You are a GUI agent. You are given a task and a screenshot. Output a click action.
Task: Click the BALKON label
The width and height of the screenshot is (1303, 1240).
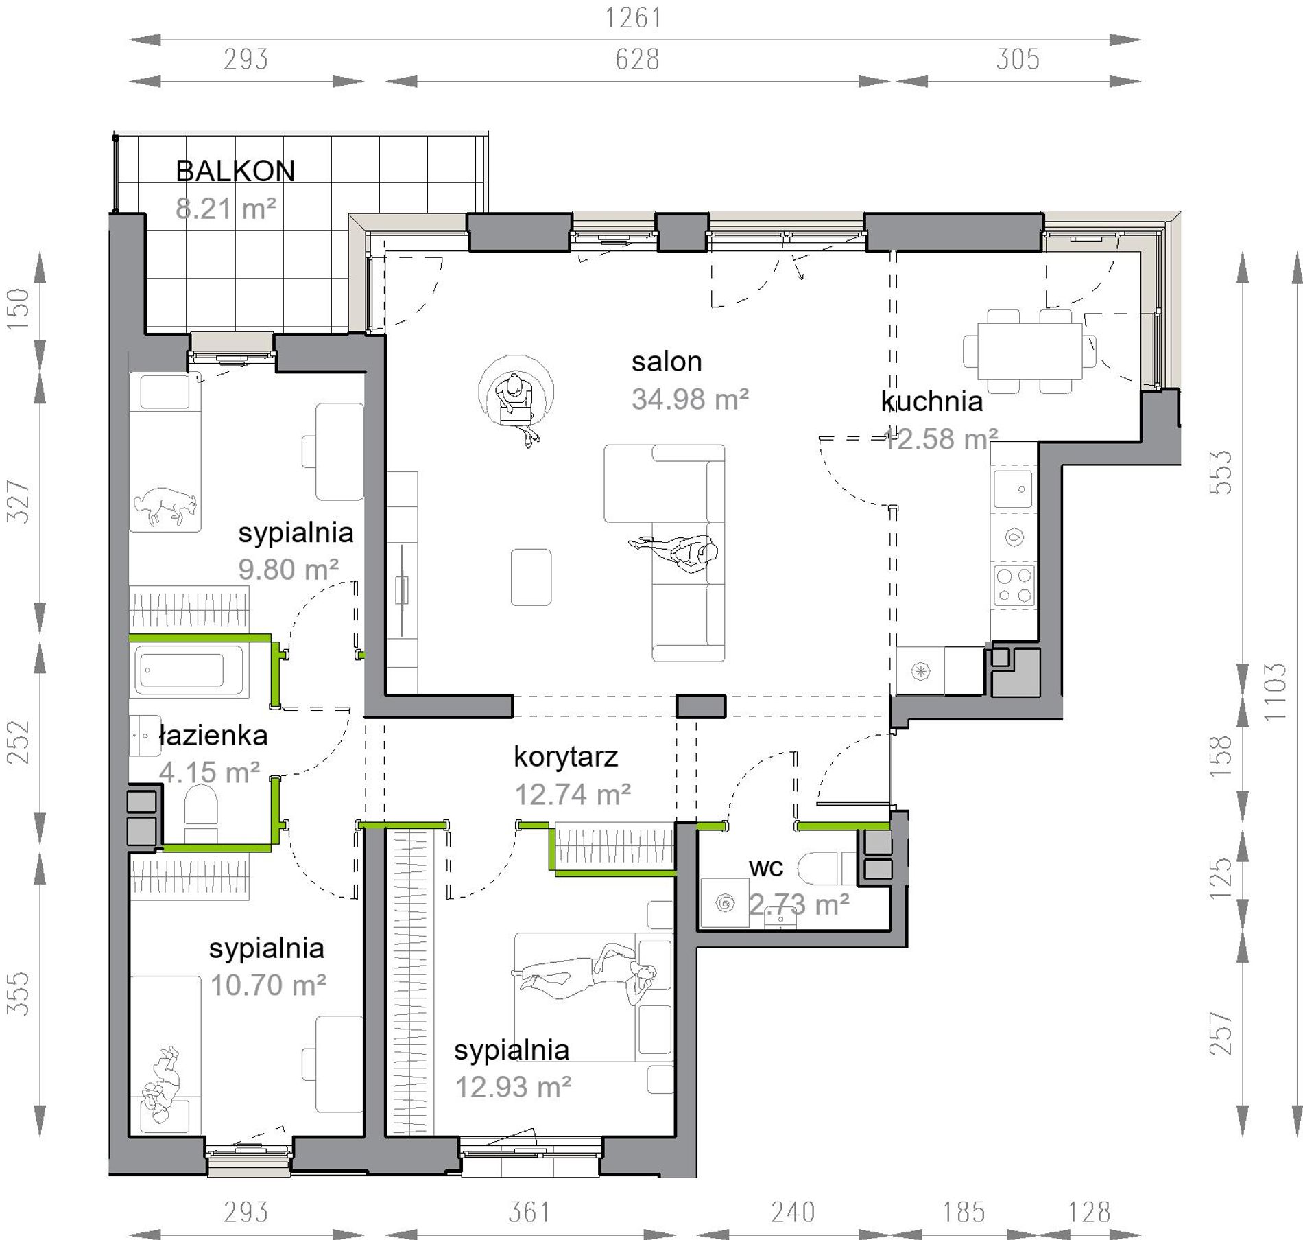(x=235, y=171)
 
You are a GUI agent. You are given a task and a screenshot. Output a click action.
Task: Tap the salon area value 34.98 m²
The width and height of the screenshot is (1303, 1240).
(x=690, y=399)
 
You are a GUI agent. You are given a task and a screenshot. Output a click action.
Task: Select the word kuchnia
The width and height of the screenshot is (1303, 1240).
(x=931, y=401)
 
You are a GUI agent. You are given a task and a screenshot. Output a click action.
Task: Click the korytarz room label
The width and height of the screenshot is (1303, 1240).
(x=566, y=757)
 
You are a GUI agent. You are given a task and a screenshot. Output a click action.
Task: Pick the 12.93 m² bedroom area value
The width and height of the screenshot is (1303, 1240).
(x=513, y=1087)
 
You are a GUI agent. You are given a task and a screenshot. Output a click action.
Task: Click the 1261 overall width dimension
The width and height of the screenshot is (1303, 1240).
(x=634, y=19)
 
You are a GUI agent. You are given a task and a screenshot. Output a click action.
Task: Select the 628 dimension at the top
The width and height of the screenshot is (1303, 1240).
(x=637, y=60)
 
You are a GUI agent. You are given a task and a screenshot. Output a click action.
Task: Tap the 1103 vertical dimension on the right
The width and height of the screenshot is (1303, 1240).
(x=1274, y=691)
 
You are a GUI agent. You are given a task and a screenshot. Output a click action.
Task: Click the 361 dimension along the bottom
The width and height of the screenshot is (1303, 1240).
(x=529, y=1213)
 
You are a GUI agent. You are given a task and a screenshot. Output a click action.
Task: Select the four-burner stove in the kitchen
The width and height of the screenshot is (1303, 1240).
(x=1014, y=585)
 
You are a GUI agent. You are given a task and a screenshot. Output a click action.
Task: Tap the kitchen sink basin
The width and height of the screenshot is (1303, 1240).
(x=1013, y=489)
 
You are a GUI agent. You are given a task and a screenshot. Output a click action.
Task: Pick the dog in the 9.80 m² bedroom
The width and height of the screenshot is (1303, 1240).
(x=165, y=506)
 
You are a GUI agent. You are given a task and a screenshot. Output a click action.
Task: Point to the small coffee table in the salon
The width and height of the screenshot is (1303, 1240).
(x=531, y=577)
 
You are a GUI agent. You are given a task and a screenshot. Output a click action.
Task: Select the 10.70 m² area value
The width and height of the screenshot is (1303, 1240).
(x=267, y=985)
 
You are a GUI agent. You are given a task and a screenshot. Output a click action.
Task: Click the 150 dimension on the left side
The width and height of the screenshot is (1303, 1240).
(x=19, y=308)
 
